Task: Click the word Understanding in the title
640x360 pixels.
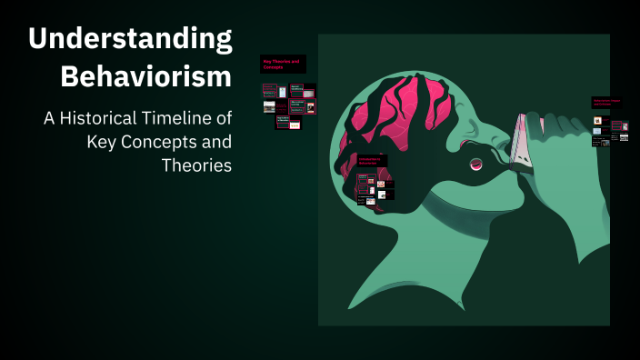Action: pyautogui.click(x=130, y=39)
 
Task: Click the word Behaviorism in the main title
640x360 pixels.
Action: pyautogui.click(x=145, y=77)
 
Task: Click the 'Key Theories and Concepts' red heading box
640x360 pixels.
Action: pyautogui.click(x=283, y=64)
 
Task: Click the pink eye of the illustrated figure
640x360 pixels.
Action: pyautogui.click(x=475, y=164)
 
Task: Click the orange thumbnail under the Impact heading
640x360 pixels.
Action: pyautogui.click(x=597, y=120)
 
